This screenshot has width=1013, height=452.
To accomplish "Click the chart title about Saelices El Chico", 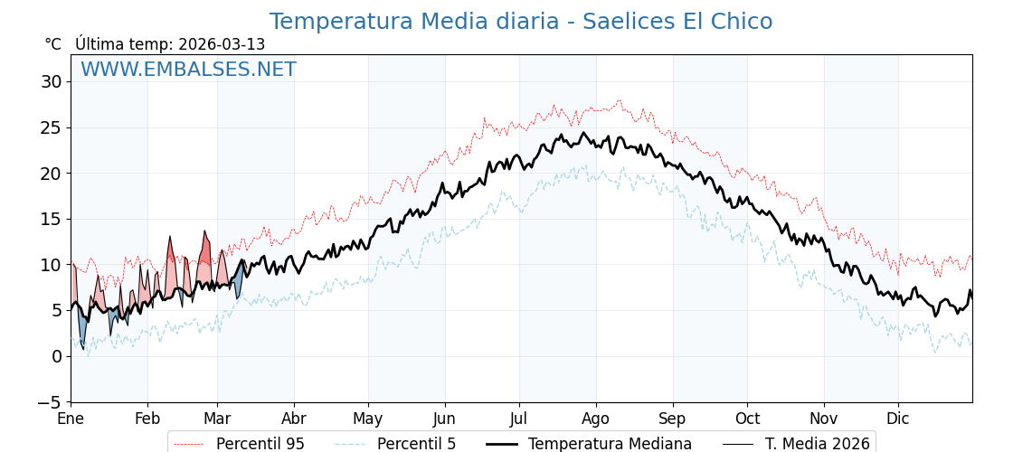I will [520, 22].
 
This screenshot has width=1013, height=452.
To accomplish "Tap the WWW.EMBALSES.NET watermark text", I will [188, 70].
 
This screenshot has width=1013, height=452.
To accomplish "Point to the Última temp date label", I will [170, 44].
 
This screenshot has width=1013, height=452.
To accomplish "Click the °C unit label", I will [53, 44].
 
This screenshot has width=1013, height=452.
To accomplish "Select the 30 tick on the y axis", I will [51, 81].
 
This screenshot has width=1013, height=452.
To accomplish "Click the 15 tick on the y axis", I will [51, 219].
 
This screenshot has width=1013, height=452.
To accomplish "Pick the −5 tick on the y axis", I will [48, 402].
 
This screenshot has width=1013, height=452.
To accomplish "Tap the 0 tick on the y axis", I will [56, 356].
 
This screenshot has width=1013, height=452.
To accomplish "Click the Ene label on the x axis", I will [71, 419].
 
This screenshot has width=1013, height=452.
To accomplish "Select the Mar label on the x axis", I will [217, 419].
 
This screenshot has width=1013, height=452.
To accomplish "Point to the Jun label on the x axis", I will [444, 419].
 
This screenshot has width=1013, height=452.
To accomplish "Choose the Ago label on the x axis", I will [595, 419].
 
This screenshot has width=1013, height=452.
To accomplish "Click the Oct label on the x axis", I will [747, 419].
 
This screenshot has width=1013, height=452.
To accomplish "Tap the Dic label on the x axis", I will [898, 419].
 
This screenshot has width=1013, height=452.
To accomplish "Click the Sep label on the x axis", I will [673, 419].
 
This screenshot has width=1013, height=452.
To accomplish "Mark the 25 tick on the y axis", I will [51, 127].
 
